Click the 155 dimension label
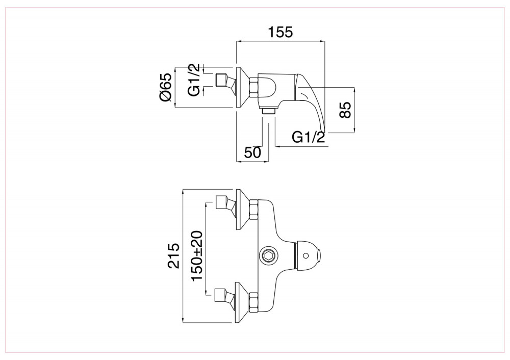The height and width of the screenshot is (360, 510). [280, 32]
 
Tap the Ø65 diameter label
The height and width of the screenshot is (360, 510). [166, 87]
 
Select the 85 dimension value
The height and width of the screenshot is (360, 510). [345, 110]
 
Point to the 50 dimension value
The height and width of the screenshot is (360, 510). [253, 152]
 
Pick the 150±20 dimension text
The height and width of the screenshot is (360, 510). [197, 256]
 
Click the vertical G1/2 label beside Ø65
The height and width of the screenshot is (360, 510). [194, 80]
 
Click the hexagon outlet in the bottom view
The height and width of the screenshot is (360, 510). [269, 256]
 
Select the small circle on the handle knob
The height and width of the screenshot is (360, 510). [305, 255]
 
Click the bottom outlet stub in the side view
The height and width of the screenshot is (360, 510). [269, 111]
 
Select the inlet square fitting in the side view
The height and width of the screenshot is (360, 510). [222, 80]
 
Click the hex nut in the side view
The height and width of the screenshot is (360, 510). [253, 88]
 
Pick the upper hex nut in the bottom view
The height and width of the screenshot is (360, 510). [253, 210]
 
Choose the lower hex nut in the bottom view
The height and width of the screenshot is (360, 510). [253, 303]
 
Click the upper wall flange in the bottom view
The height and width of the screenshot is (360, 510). [242, 210]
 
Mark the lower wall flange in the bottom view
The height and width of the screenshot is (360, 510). [242, 302]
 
